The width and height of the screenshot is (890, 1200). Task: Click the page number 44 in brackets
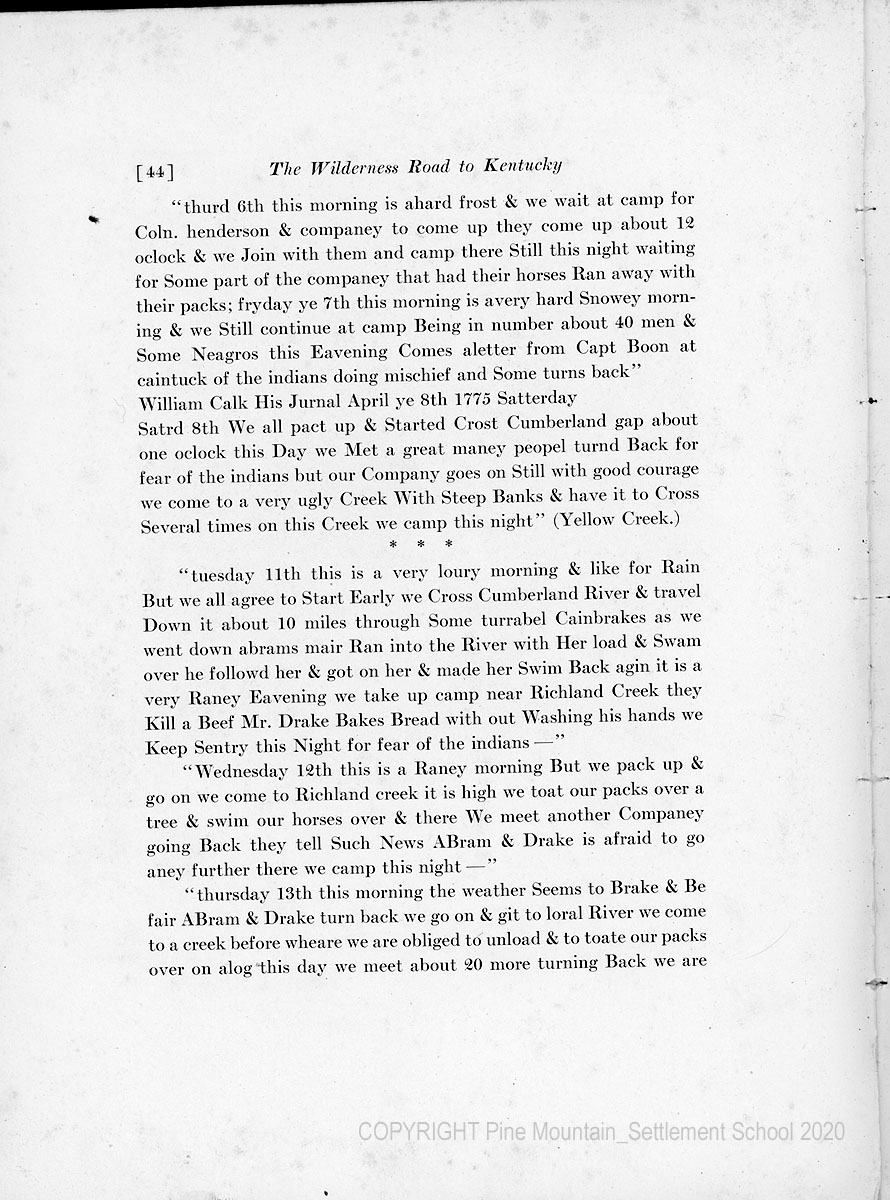coord(154,170)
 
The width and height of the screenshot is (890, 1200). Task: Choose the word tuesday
coord(224,572)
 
